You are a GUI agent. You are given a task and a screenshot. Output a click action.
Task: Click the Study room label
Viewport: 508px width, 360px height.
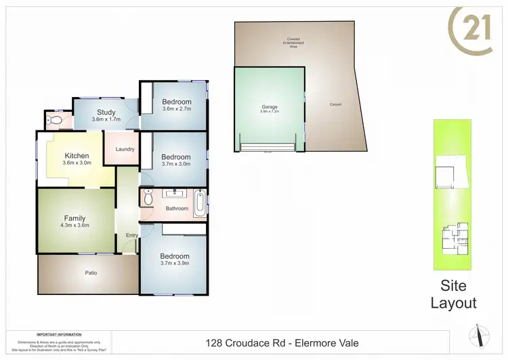(106, 113)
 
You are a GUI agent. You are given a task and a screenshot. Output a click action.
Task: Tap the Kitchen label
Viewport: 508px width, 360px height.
(77, 156)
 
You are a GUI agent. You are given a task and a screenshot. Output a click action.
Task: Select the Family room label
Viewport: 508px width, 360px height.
(75, 218)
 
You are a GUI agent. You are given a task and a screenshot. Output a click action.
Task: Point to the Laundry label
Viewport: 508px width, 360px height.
(125, 149)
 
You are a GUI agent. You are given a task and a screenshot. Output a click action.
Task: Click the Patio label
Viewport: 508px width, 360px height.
(91, 273)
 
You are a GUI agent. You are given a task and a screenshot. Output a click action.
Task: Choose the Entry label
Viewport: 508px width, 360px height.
(131, 235)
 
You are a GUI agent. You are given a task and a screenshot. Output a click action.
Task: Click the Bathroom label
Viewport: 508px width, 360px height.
(177, 208)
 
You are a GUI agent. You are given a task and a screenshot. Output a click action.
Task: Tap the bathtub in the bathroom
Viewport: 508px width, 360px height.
(199, 203)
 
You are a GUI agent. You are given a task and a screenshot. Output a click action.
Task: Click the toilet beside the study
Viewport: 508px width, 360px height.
(55, 121)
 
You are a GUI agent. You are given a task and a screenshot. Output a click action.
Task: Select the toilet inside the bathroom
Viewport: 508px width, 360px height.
(148, 199)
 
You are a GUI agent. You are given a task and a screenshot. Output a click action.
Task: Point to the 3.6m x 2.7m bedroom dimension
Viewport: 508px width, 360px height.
(176, 108)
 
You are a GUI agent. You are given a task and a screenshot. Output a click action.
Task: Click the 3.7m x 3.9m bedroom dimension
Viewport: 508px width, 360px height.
(175, 262)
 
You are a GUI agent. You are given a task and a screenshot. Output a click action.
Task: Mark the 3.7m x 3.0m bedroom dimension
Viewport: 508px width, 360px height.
(176, 163)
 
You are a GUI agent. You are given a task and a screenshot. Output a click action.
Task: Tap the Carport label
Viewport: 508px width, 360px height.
(335, 104)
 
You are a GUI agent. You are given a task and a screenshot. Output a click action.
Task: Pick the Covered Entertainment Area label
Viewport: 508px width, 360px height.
(293, 41)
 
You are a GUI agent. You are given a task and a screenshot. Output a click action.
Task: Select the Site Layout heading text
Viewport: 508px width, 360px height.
(454, 295)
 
